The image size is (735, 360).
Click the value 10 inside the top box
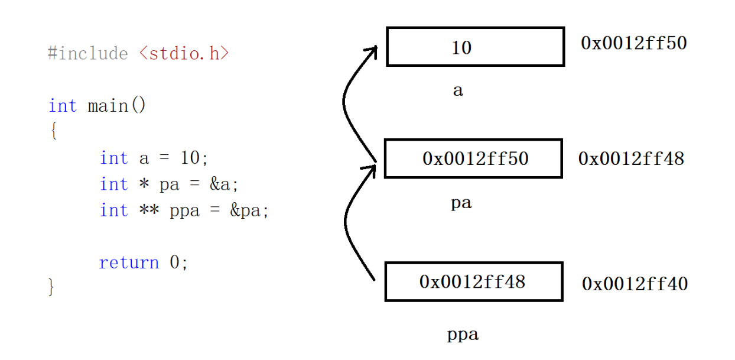[461, 47]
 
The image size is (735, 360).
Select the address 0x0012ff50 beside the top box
[633, 43]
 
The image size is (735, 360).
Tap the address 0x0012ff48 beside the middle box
[631, 158]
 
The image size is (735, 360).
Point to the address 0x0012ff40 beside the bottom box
[635, 284]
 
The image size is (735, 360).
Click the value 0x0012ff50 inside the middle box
[475, 158]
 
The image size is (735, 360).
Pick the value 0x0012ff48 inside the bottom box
[472, 281]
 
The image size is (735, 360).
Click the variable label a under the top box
[458, 91]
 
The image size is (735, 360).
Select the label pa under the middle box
[461, 204]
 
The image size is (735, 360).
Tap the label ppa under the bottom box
[463, 335]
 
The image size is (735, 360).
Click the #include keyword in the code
[87, 54]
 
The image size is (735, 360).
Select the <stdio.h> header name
[184, 54]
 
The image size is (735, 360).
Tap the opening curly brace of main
[53, 132]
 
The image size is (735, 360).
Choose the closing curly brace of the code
[51, 287]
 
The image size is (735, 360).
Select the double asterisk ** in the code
[149, 210]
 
